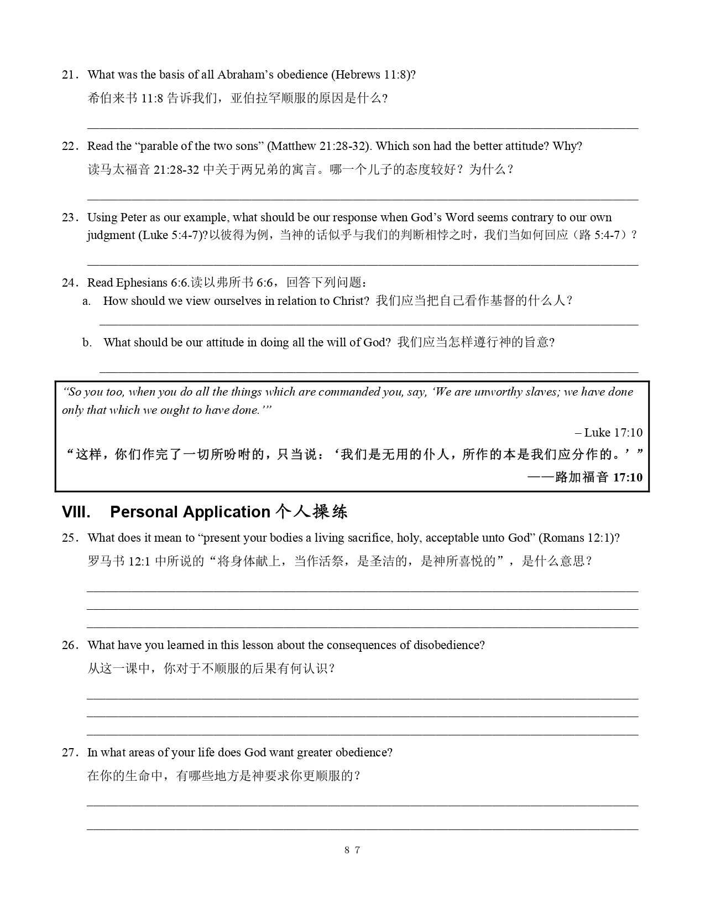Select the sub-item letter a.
click(x=86, y=301)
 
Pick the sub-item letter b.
click(x=87, y=343)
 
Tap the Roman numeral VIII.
click(x=76, y=512)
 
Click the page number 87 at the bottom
click(x=352, y=850)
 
